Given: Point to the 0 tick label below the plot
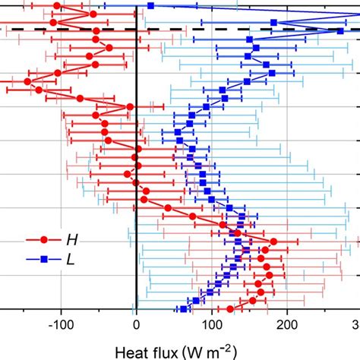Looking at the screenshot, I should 136,326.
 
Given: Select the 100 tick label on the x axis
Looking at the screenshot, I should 211,326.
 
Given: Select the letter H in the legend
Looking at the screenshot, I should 71,239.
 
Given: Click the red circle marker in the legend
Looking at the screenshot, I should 43,239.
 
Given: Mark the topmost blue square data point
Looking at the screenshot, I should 150,6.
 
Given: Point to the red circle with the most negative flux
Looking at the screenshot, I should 28,81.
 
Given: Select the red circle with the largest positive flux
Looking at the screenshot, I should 273,242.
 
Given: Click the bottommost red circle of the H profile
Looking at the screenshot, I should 230,308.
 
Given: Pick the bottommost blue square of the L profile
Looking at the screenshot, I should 183,308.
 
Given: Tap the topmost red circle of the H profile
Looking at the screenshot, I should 58,6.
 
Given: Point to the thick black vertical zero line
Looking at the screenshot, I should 136,190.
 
